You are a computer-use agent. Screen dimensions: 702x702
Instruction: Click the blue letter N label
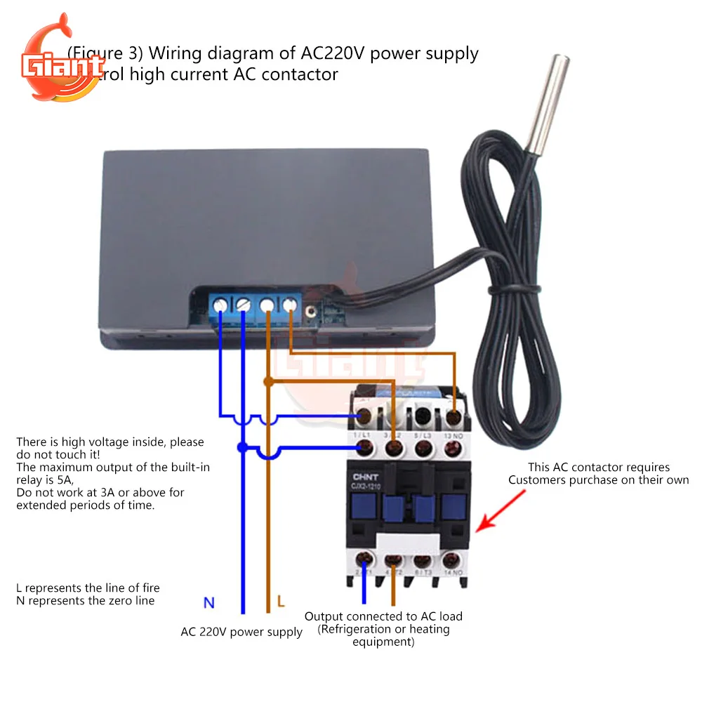pos(209,602)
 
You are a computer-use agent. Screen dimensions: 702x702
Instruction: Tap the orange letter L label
pos(281,602)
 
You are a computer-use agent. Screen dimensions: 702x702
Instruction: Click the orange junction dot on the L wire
pos(267,381)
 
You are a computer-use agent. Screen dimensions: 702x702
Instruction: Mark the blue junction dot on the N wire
pos(243,447)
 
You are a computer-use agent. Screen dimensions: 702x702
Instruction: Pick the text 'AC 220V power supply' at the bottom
pos(241,632)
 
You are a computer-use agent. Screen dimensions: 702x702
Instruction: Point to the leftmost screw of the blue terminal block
pos(220,305)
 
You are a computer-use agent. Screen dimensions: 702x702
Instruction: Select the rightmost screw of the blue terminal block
pos(290,305)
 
